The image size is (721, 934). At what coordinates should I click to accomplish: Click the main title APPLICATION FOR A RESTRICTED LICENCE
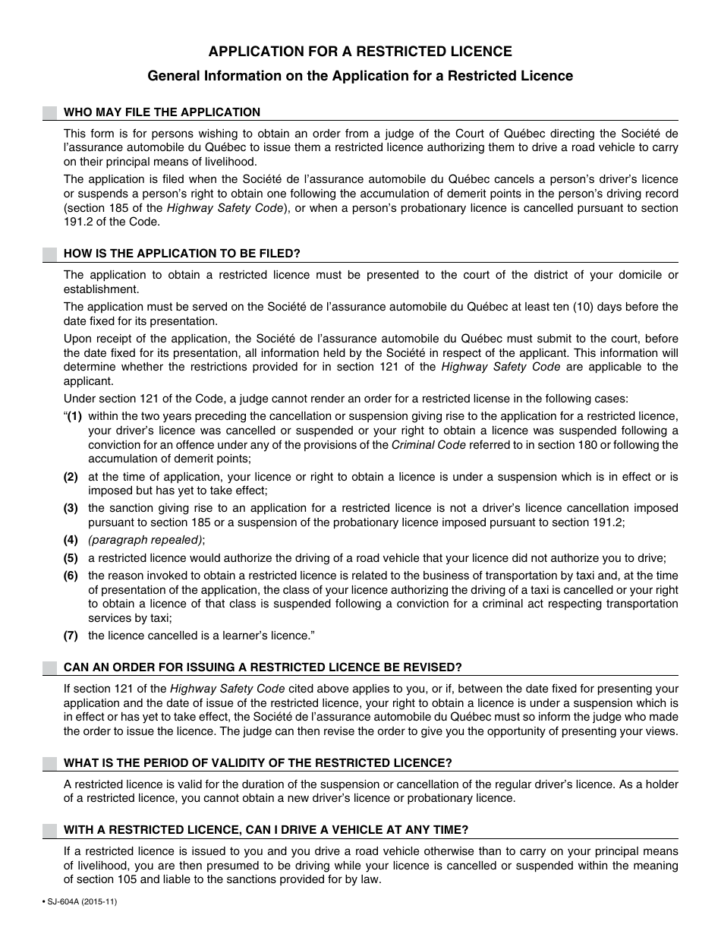click(x=360, y=52)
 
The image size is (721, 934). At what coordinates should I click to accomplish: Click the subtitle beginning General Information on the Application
click(x=360, y=76)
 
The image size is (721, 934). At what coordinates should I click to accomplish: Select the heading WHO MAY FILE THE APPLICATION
click(x=162, y=112)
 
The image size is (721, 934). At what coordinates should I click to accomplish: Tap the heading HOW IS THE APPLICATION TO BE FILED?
click(x=182, y=254)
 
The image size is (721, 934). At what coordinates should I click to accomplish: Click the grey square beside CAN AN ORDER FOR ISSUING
click(x=50, y=667)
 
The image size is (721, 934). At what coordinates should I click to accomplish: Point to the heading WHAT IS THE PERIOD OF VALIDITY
click(x=258, y=763)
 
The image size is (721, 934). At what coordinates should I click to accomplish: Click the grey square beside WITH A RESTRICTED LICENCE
click(x=50, y=830)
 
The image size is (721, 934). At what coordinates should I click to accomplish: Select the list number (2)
click(x=71, y=477)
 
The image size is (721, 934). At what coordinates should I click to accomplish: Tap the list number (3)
click(x=71, y=508)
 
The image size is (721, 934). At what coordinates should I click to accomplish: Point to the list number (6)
click(x=71, y=576)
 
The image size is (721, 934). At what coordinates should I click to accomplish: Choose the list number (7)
click(x=71, y=636)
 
